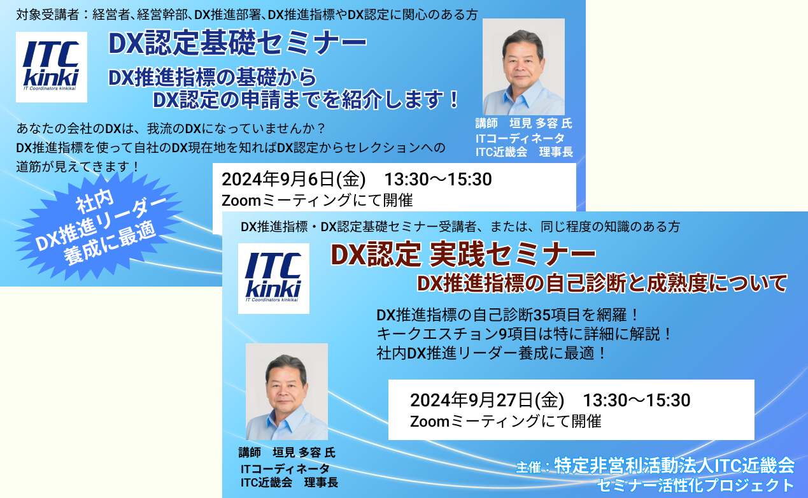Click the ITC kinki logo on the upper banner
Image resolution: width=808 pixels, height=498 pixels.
pyautogui.click(x=52, y=67)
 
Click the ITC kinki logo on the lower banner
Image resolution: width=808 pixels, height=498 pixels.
pyautogui.click(x=273, y=278)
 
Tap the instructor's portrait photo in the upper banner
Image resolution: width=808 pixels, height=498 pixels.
pyautogui.click(x=523, y=67)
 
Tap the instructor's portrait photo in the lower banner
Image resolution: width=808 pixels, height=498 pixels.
pyautogui.click(x=287, y=392)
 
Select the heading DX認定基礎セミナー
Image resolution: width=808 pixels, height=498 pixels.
pyautogui.click(x=237, y=43)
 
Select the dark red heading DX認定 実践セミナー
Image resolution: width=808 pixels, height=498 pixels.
pyautogui.click(x=463, y=255)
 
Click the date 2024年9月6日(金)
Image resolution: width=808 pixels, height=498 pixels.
pyautogui.click(x=294, y=180)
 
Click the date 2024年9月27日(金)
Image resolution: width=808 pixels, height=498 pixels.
pyautogui.click(x=487, y=400)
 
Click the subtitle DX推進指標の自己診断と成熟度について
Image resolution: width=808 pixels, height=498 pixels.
pyautogui.click(x=602, y=283)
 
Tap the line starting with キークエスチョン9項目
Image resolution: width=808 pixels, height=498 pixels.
pyautogui.click(x=523, y=334)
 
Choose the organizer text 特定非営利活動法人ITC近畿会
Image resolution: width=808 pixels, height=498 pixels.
pyautogui.click(x=674, y=466)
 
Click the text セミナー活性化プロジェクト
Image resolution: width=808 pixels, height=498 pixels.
pyautogui.click(x=696, y=485)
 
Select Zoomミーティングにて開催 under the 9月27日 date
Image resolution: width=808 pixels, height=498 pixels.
pyautogui.click(x=506, y=422)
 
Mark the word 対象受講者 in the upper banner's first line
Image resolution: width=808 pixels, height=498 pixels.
pyautogui.click(x=47, y=15)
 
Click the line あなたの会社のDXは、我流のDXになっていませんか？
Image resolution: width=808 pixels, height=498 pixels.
pyautogui.click(x=171, y=129)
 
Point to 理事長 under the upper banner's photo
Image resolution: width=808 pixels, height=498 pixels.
pyautogui.click(x=556, y=152)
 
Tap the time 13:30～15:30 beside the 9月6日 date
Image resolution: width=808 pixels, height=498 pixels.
pyautogui.click(x=438, y=180)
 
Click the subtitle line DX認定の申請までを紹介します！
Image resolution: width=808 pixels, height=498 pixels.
pyautogui.click(x=306, y=100)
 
